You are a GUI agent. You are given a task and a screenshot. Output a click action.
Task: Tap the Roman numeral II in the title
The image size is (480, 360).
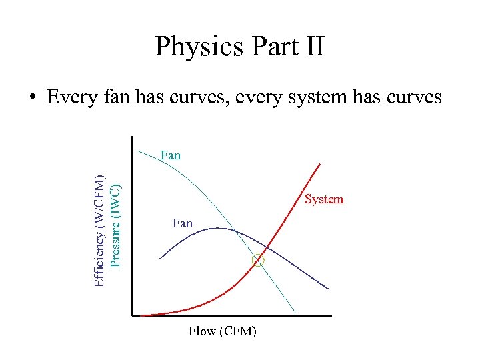(x=312, y=47)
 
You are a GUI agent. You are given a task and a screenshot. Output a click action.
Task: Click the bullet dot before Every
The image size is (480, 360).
(x=31, y=98)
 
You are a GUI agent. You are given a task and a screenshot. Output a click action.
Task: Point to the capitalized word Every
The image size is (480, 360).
(x=73, y=97)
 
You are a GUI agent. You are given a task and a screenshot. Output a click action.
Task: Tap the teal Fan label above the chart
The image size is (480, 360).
(x=170, y=155)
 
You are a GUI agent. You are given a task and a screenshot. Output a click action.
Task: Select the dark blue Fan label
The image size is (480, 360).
(x=182, y=223)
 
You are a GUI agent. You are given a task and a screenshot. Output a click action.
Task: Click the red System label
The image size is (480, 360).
(x=324, y=199)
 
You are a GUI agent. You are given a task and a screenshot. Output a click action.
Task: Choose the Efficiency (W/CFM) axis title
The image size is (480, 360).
(x=99, y=230)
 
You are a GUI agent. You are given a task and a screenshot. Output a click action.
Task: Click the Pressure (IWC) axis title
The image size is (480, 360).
(x=115, y=225)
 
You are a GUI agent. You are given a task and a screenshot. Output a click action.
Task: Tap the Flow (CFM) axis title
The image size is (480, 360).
(x=222, y=331)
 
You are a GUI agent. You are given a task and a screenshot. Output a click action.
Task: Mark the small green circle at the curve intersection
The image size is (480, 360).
(x=258, y=261)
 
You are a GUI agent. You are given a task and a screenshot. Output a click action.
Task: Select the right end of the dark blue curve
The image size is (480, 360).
(x=328, y=289)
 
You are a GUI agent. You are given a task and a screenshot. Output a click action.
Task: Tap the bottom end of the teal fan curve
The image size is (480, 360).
(x=295, y=311)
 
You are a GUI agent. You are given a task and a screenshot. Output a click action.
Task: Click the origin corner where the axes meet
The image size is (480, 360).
(x=132, y=315)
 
